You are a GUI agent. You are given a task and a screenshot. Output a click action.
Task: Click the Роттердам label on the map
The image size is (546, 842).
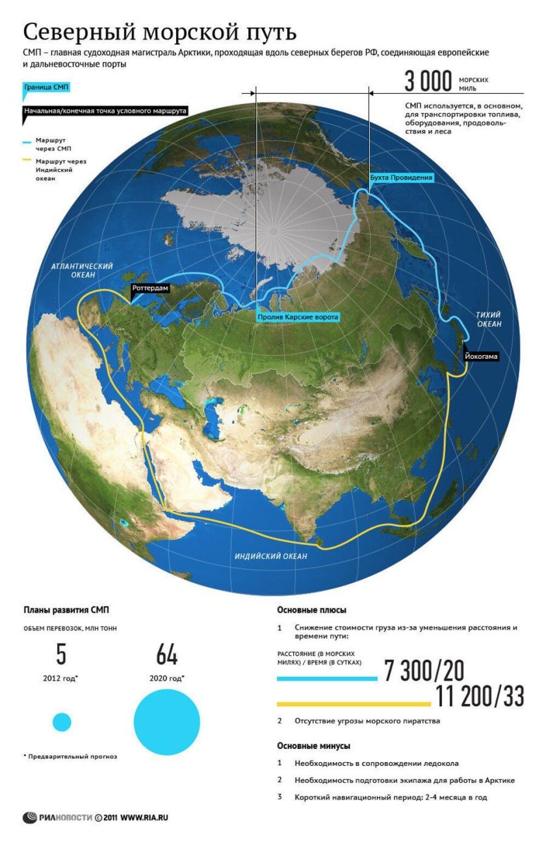(x=151, y=287)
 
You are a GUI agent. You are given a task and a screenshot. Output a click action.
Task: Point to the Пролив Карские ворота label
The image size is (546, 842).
(x=298, y=317)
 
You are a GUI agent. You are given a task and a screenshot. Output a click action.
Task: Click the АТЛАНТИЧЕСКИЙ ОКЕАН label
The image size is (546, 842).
(x=83, y=271)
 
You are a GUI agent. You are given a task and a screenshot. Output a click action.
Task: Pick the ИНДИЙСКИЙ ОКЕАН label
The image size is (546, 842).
(x=271, y=557)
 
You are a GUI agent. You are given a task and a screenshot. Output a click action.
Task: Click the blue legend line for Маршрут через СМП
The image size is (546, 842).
(x=27, y=142)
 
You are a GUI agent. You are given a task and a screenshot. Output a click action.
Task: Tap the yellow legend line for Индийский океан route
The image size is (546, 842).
(x=27, y=160)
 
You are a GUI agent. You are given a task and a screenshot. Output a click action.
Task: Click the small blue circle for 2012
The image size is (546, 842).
(x=62, y=722)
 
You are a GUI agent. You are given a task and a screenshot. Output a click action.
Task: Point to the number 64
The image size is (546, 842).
(x=166, y=655)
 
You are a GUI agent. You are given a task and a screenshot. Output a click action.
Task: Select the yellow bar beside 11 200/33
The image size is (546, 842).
(x=354, y=704)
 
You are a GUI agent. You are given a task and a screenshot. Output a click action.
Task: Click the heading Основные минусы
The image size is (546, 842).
(x=314, y=746)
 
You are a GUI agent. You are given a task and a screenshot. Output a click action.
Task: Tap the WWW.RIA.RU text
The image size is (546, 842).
(x=144, y=817)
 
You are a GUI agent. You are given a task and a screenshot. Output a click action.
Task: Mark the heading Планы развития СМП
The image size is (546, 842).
(x=67, y=610)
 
